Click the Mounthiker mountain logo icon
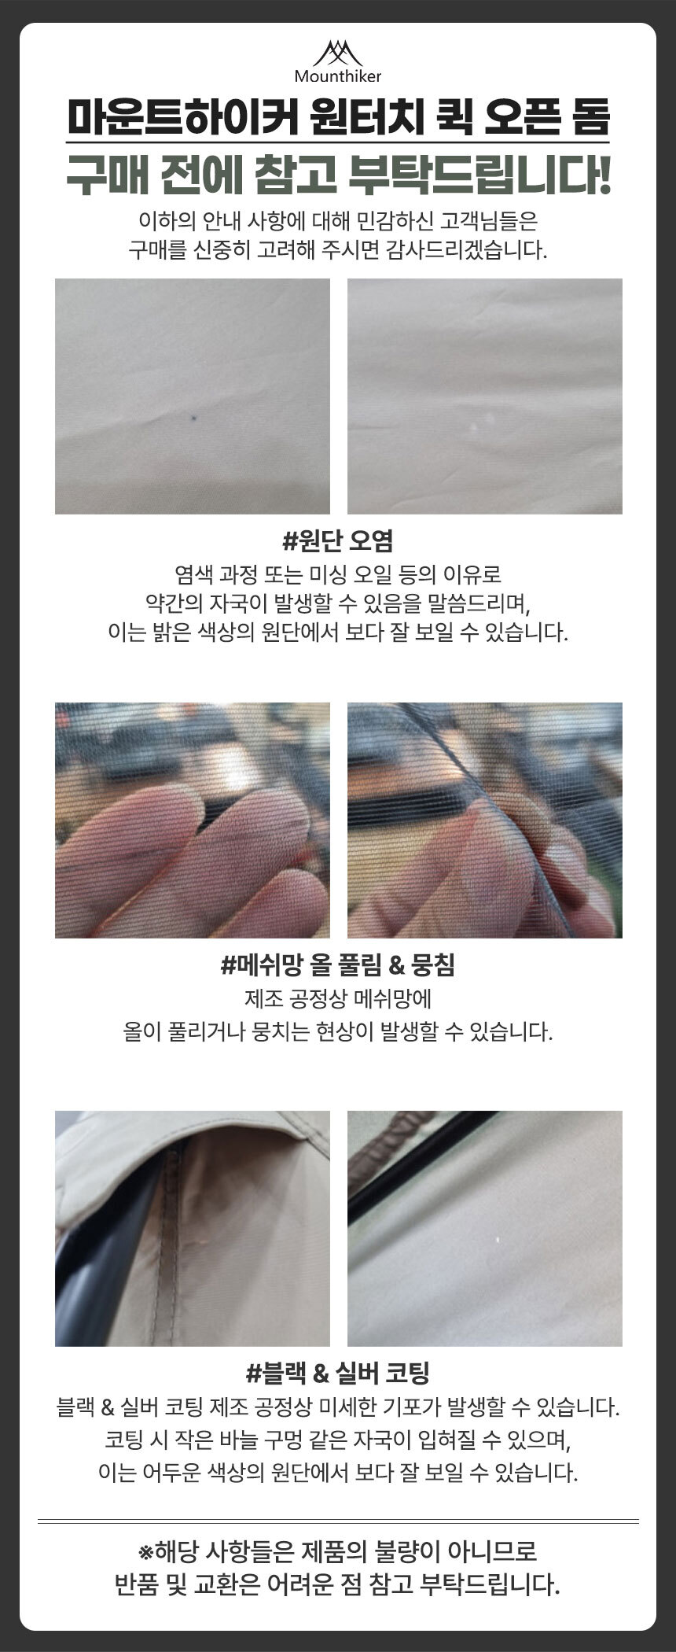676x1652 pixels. (337, 53)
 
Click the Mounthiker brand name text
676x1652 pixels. (338, 76)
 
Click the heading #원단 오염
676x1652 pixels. (338, 540)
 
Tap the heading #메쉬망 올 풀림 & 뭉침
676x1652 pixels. (338, 964)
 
